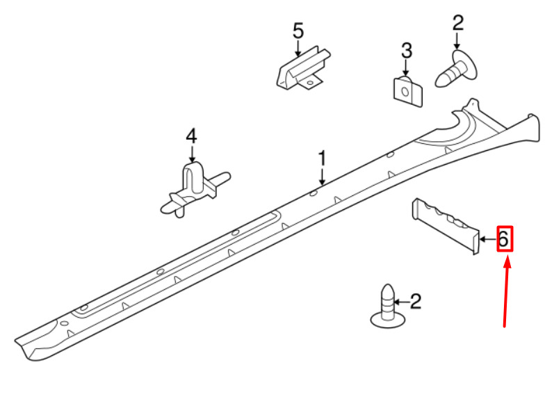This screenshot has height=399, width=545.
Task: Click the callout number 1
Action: click(323, 158)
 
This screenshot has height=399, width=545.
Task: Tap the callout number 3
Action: click(406, 50)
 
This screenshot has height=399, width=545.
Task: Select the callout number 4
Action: click(192, 136)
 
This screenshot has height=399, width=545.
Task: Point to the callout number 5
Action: click(298, 31)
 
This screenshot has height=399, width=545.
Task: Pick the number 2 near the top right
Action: click(458, 22)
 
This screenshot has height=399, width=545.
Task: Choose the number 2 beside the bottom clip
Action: click(416, 301)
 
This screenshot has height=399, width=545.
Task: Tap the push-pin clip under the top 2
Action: click(456, 70)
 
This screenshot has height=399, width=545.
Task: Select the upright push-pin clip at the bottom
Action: click(388, 307)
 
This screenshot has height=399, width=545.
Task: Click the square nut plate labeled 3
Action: click(407, 92)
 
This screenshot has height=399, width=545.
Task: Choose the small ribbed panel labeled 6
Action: click(446, 226)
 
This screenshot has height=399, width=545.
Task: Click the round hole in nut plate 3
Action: click(405, 92)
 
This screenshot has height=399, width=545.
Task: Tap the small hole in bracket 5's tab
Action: click(309, 83)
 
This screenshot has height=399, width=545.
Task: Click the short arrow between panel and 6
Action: click(488, 239)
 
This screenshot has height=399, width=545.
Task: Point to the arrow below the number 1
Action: click(323, 177)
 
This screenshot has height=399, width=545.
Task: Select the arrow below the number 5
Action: click(298, 48)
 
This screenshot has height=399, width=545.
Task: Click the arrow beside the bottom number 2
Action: click(401, 302)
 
